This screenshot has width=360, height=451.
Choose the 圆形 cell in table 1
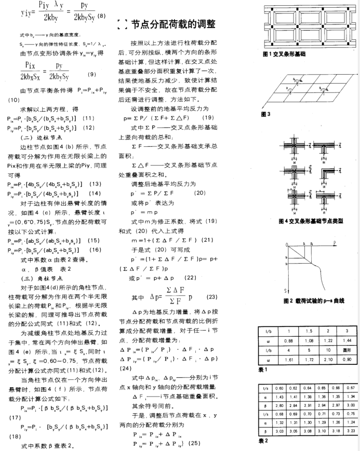tap(327, 350)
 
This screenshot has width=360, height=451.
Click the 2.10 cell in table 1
tap(327, 359)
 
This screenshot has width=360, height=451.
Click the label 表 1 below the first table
tap(264, 370)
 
